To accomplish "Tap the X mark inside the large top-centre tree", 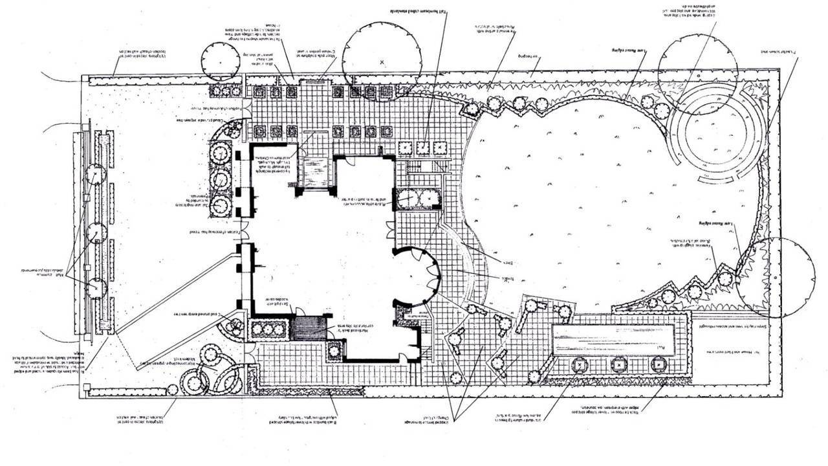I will coord(382,62).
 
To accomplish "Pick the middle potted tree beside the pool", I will coord(619,365).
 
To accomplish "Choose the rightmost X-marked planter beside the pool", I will coord(659,365).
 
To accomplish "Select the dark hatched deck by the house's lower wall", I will coord(309,328).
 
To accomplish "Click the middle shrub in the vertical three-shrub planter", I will coord(221,179).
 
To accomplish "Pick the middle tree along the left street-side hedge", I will coord(96,233).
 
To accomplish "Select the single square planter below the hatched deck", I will coord(334,351).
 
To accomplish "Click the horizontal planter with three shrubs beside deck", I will coord(268,329).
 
